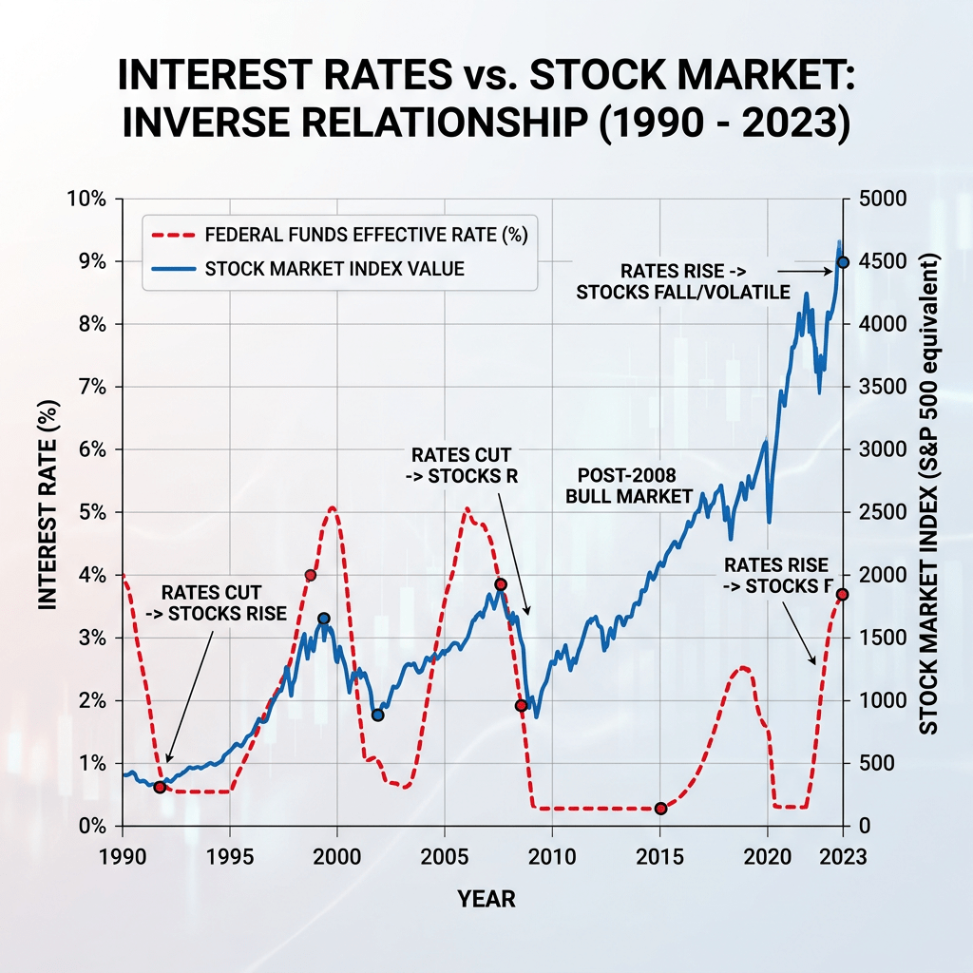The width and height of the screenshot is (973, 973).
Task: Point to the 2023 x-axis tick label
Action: tap(842, 855)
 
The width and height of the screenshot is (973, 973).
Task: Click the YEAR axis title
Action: tap(486, 898)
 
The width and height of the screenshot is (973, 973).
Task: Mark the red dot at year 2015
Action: tap(661, 809)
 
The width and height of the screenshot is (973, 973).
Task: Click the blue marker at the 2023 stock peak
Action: tap(842, 262)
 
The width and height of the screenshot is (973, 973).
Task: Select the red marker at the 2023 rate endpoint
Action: tap(842, 595)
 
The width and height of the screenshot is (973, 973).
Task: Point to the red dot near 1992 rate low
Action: tap(160, 787)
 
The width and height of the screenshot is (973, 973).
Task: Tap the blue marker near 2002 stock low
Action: tap(377, 715)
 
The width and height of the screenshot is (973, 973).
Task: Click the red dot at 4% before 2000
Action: tap(310, 575)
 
